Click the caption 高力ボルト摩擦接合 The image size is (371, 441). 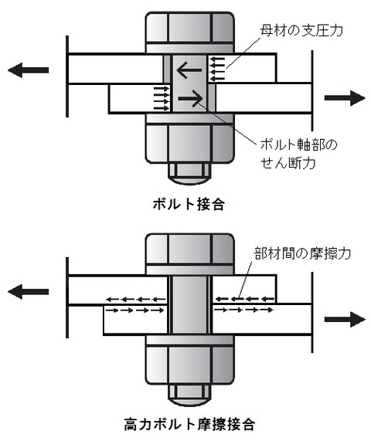click(189, 424)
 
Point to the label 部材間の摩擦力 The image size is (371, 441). click(302, 253)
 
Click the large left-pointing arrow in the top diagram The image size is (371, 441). click(27, 70)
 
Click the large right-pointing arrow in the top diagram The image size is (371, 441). click(345, 98)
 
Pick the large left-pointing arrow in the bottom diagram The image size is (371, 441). click(27, 291)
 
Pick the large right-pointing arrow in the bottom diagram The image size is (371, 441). click(345, 318)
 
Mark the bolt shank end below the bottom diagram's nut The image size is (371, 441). click(189, 394)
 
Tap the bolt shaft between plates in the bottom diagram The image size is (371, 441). click(189, 305)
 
